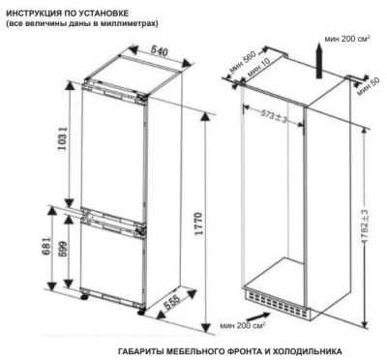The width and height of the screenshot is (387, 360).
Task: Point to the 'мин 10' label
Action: click(255, 73)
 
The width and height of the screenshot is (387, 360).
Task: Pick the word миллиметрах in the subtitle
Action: click(126, 23)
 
